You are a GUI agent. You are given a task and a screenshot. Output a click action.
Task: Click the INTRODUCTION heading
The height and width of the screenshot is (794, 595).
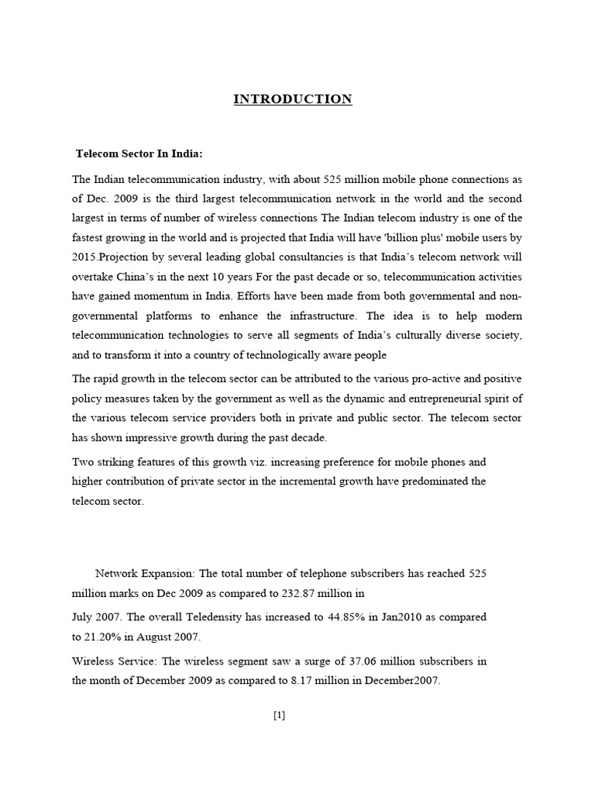click(x=293, y=99)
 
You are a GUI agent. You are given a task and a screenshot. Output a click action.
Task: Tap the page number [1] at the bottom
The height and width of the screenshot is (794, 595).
click(x=280, y=716)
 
